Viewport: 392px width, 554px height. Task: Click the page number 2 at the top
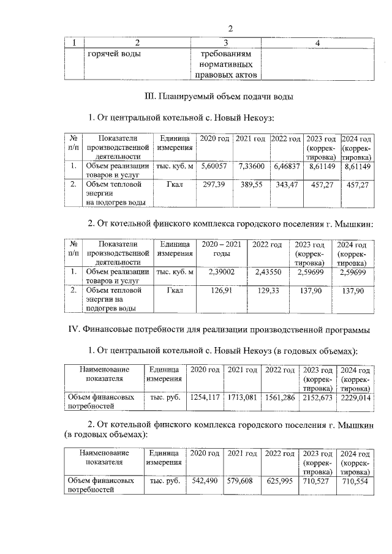point(230,28)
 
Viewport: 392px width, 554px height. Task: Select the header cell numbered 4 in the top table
point(317,42)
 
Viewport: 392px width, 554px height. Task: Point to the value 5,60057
point(214,166)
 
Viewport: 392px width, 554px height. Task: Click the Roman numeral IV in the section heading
point(71,331)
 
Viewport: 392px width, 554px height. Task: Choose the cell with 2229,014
point(355,397)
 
